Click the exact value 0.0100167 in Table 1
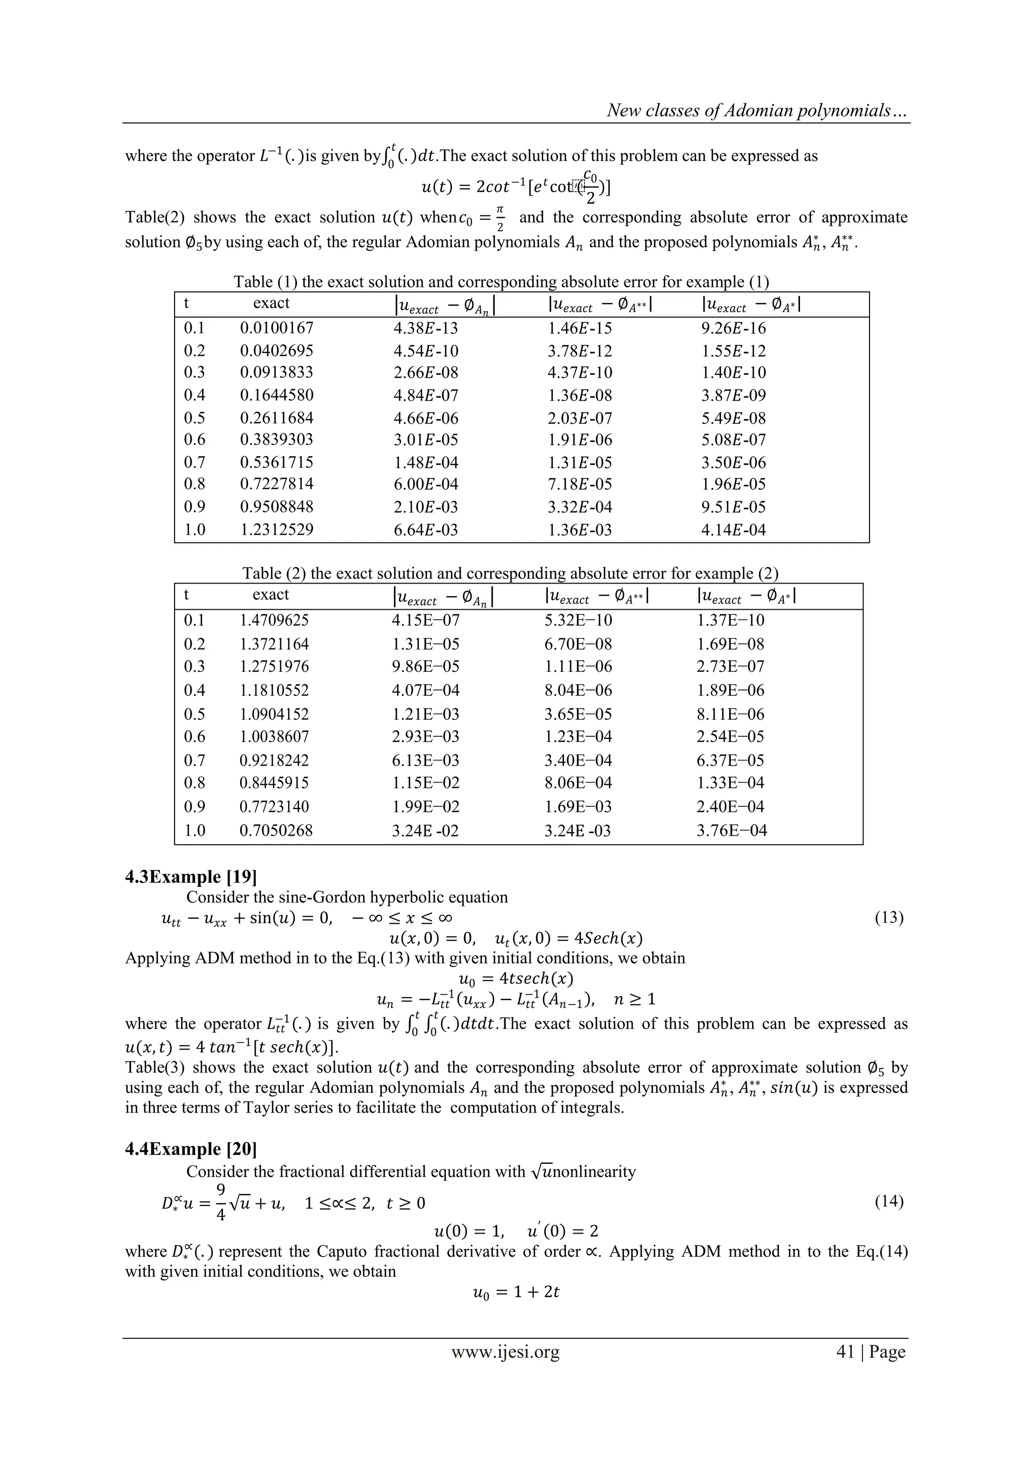pos(276,328)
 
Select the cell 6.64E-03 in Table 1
pos(425,530)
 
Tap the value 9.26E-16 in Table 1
pos(733,328)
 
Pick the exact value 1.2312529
pos(276,530)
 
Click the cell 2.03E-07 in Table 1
pos(579,418)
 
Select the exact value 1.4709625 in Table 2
pos(274,620)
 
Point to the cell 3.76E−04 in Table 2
pos(731,831)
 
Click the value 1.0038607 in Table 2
pos(274,736)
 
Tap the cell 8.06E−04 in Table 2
pos(578,783)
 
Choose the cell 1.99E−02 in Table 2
pos(425,806)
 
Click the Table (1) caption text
pos(501,282)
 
